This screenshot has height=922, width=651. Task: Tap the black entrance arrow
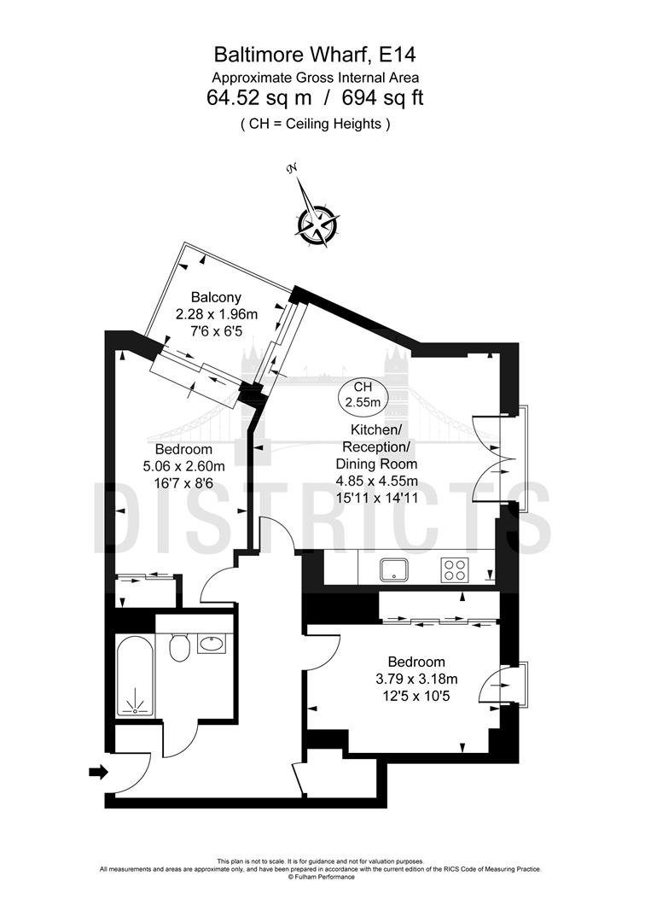99,772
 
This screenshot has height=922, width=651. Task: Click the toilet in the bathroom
178,647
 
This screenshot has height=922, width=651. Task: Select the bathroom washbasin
212,644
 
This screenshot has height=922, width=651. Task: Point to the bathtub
136,675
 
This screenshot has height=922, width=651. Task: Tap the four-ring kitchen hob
455,569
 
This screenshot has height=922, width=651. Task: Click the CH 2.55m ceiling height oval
363,395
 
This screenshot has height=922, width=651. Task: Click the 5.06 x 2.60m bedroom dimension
184,467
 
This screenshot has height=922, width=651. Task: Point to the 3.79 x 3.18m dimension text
416,680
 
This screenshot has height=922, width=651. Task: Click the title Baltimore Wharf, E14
315,55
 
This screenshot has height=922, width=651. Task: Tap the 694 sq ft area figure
383,97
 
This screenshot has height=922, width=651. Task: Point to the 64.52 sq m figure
259,97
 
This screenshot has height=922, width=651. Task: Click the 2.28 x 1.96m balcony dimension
217,314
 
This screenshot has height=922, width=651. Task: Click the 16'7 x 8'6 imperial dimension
184,484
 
